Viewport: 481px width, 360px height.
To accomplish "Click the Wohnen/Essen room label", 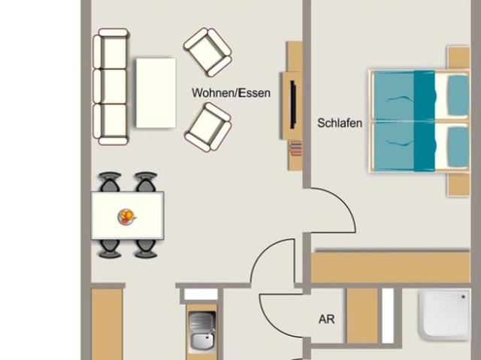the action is click(231, 93).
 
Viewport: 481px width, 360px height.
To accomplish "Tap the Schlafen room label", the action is click(340, 123).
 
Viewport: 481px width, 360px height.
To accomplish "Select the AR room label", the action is click(326, 319).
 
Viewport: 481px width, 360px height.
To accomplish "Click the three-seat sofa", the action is click(110, 86).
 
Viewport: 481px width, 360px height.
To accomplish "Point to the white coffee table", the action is click(156, 92).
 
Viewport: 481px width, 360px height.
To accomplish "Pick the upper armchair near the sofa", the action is click(207, 52).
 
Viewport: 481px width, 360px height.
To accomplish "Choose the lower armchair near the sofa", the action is click(208, 127).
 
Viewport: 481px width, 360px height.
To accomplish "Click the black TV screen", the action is click(293, 104).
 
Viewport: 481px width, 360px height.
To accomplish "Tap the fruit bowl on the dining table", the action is click(127, 216).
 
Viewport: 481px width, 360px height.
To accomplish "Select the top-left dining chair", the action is click(110, 182).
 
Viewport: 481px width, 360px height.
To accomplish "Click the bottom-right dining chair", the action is click(146, 249).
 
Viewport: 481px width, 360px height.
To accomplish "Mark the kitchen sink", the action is click(202, 331).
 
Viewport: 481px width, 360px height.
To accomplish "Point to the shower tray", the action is click(444, 315).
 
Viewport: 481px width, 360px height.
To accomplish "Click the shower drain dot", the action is click(463, 297).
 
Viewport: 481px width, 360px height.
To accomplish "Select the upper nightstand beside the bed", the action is click(458, 58).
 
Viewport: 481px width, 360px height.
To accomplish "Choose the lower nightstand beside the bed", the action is click(458, 185).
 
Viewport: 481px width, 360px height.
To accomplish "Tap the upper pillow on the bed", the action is click(458, 95).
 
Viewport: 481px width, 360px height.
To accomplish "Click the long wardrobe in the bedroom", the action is click(391, 267).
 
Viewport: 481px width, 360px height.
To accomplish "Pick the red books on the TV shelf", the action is click(296, 148).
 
